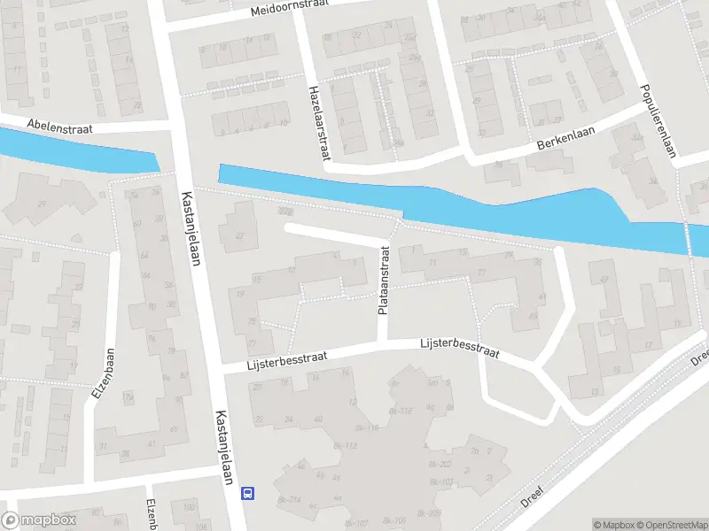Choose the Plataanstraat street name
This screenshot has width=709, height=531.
384,280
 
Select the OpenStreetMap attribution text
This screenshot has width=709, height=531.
671,525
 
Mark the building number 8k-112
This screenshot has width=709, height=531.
401,412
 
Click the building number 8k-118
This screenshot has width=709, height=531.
366,427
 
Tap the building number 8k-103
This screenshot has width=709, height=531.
442,481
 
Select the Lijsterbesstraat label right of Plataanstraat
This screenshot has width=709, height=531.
460,347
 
